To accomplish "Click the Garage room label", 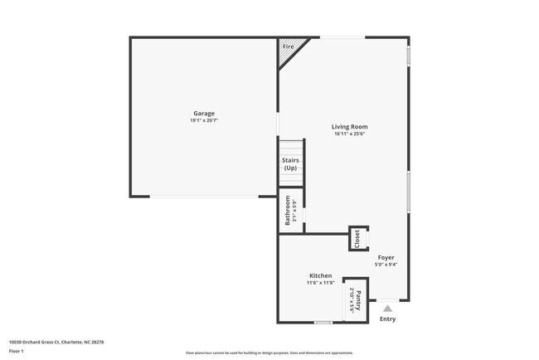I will (x=204, y=113).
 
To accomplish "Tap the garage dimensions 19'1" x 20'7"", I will (x=204, y=120).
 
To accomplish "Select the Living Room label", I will (x=350, y=126).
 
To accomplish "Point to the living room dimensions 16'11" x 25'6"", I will (x=350, y=134).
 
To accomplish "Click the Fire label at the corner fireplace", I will (x=289, y=46).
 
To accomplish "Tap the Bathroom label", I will (x=288, y=211).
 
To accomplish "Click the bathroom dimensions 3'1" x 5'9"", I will (x=294, y=211).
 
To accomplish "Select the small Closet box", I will (x=358, y=238).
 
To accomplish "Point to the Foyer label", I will (x=386, y=257).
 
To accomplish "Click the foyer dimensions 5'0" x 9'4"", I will (x=386, y=265).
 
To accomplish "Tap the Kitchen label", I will (x=321, y=275).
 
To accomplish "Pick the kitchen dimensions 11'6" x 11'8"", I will (x=321, y=283).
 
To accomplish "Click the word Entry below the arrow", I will (x=387, y=319).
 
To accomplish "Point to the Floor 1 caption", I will (x=16, y=352).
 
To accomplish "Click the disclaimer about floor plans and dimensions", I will (x=269, y=353).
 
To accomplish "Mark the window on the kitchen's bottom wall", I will (x=323, y=322).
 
